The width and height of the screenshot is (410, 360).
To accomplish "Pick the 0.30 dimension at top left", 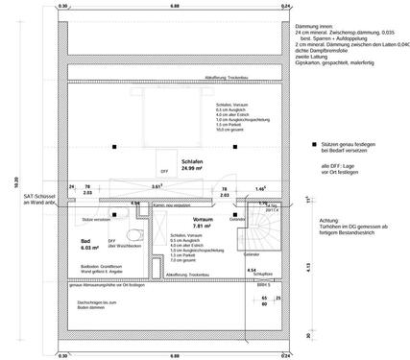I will point(63,6).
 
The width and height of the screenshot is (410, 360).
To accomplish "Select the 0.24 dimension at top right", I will point(284,6).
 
